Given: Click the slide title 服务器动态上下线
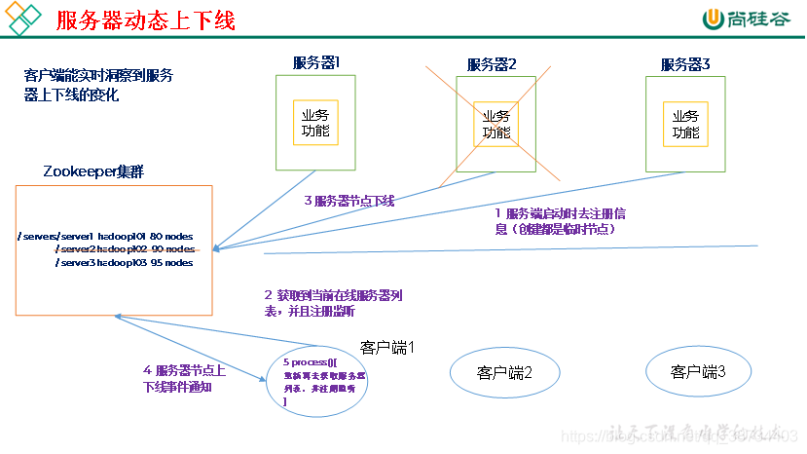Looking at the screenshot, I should pos(145,19).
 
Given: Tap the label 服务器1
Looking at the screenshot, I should pos(315,63).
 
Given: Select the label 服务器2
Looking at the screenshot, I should pos(492,64).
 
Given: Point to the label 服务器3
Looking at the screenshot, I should pos(685,64).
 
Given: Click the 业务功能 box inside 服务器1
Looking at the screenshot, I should pos(315,123).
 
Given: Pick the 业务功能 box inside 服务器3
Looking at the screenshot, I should pos(685,123).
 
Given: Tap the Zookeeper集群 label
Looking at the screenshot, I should pos(94,171).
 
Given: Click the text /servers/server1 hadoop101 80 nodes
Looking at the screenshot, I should pos(106,237).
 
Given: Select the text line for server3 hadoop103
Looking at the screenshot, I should pos(124,263).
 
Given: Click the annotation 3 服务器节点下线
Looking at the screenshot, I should pos(349,201).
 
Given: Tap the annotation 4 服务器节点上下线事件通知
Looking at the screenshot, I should pos(185,378).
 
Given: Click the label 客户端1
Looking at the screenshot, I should pos(387,347).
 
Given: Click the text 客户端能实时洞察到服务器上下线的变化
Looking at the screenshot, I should pos(98,85).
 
